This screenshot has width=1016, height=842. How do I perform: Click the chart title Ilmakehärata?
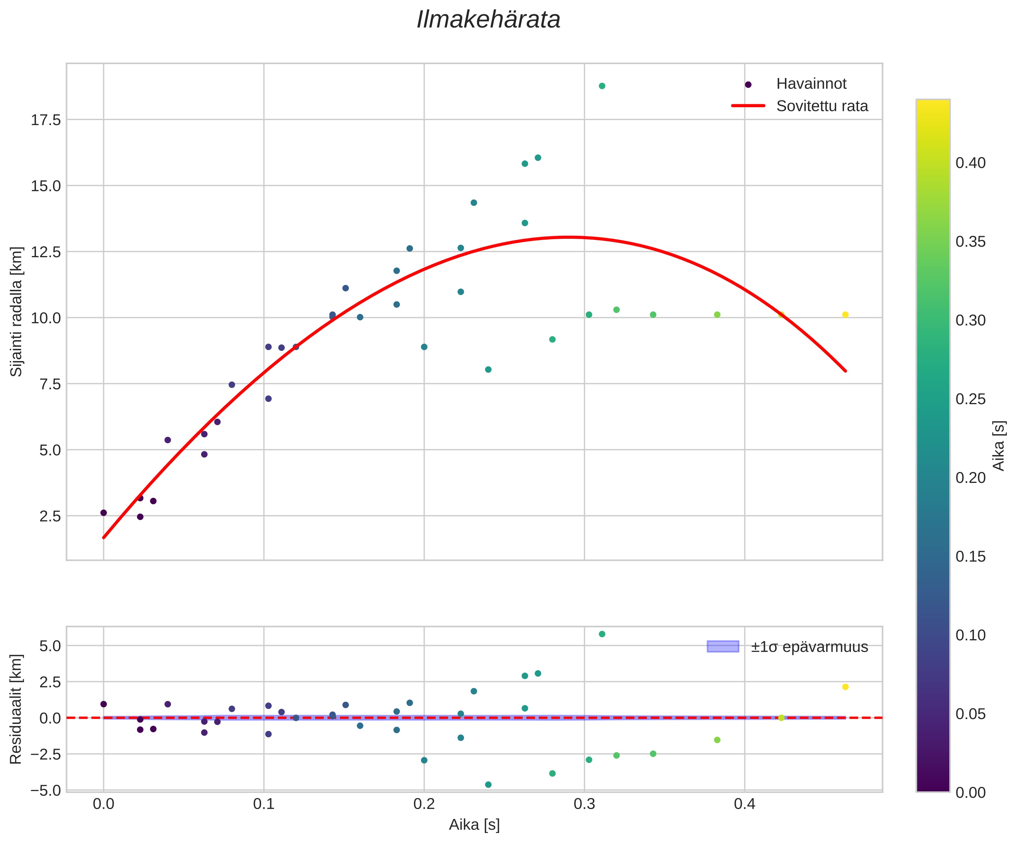488,20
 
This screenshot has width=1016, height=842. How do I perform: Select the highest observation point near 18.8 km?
602,86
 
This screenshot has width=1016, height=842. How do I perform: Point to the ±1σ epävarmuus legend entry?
809,647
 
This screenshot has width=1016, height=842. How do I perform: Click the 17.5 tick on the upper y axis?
46,120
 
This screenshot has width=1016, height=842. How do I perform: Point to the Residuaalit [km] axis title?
17,709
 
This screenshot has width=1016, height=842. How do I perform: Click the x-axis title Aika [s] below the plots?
474,825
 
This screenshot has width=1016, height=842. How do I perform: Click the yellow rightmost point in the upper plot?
845,315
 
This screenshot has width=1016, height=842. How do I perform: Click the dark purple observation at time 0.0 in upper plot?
104,513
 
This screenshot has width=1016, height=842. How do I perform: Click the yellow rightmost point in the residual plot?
845,687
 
